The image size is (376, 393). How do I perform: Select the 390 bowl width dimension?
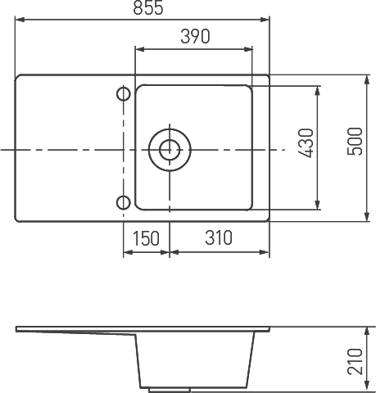point(195,37)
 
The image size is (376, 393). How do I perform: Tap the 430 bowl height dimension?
point(306,144)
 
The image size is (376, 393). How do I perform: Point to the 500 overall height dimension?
point(354,144)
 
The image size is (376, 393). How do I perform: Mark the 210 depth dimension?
point(354,360)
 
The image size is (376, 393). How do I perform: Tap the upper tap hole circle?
point(124,94)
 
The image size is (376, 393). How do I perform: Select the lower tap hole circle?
point(124,203)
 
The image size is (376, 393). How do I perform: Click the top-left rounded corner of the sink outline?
point(20,79)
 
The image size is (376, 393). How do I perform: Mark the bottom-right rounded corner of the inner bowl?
point(247,206)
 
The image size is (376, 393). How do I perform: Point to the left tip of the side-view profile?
point(17,329)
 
